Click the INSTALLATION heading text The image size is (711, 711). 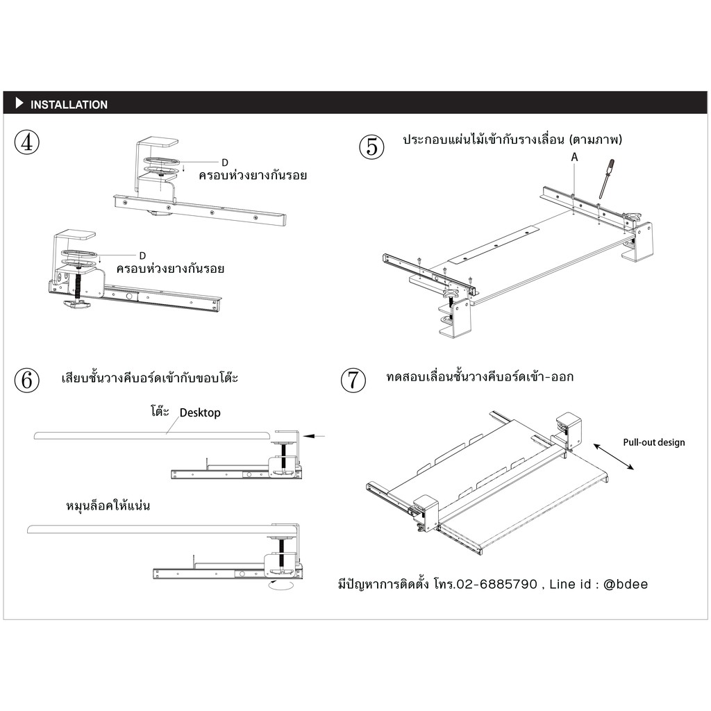[x=69, y=105]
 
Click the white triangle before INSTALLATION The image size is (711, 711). [x=19, y=103]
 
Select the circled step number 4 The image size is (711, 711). [x=27, y=142]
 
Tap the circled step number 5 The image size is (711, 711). [x=372, y=147]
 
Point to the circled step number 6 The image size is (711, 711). [x=27, y=380]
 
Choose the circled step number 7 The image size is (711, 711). [x=353, y=380]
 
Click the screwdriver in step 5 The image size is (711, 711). [x=606, y=178]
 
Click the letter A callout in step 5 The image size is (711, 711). [x=574, y=157]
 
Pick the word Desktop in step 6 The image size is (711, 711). [x=200, y=413]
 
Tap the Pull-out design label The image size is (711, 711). [x=654, y=442]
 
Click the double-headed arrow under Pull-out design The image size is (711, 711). [x=614, y=457]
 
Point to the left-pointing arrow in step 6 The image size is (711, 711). [x=314, y=436]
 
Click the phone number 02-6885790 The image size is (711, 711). [x=497, y=584]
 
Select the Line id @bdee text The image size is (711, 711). [x=599, y=584]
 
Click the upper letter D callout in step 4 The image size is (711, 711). [x=225, y=162]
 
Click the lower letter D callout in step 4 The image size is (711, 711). [x=142, y=256]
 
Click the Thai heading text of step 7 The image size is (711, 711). [x=480, y=377]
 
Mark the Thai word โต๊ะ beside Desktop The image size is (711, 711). [x=160, y=411]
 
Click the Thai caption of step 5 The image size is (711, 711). [x=512, y=139]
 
